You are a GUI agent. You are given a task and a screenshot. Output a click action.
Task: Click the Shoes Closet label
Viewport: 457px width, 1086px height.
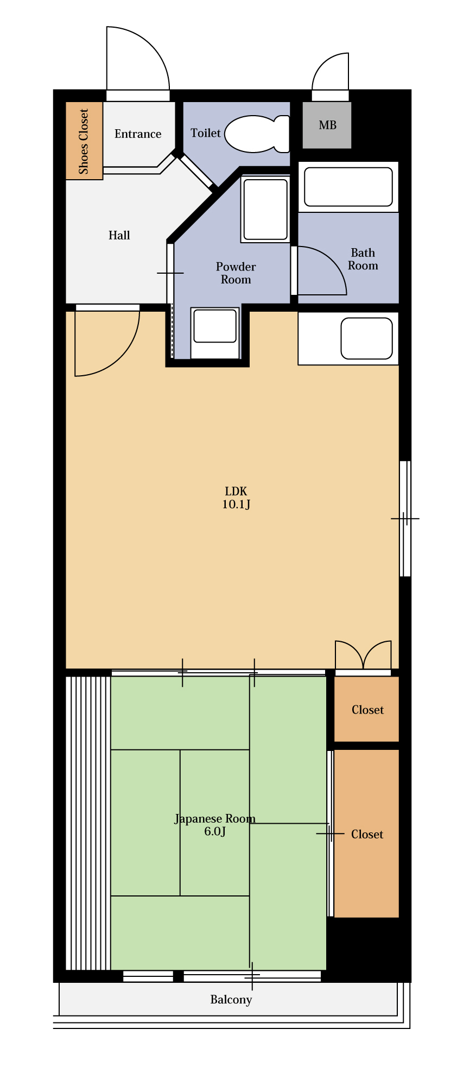coord(84,141)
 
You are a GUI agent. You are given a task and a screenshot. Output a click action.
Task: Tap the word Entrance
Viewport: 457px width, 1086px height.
coord(138,134)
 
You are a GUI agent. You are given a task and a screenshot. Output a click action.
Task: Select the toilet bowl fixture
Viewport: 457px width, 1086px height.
coord(257,134)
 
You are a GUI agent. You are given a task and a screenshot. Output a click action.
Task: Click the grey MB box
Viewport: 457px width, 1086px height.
coord(327,125)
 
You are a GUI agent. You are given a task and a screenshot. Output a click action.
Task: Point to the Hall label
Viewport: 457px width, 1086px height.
coord(119,235)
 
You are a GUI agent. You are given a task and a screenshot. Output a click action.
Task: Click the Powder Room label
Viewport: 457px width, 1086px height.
coord(236,273)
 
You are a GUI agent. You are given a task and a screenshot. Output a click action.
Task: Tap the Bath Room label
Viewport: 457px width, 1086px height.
coord(363,259)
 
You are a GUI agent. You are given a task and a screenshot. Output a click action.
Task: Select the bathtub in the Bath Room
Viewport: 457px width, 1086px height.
coord(348,187)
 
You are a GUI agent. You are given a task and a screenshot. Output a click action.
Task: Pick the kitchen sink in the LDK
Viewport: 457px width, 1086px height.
coord(366,338)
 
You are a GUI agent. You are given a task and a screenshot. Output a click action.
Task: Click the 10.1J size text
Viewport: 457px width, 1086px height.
coord(236,504)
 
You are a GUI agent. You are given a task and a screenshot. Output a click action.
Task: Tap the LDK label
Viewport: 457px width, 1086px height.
coord(236,491)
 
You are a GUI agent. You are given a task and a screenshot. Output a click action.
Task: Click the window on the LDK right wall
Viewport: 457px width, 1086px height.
coord(405,519)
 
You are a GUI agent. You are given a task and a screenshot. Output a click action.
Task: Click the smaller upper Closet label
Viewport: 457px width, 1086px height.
coord(367,710)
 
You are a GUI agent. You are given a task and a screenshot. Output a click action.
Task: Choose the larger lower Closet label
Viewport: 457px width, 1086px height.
coord(367,834)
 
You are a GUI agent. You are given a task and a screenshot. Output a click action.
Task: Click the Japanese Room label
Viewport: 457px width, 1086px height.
coord(215,819)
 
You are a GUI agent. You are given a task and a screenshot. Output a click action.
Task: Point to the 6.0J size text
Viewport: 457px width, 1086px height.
coord(215,831)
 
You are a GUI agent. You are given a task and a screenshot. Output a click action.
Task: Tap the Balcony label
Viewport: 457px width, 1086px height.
coord(231,1000)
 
